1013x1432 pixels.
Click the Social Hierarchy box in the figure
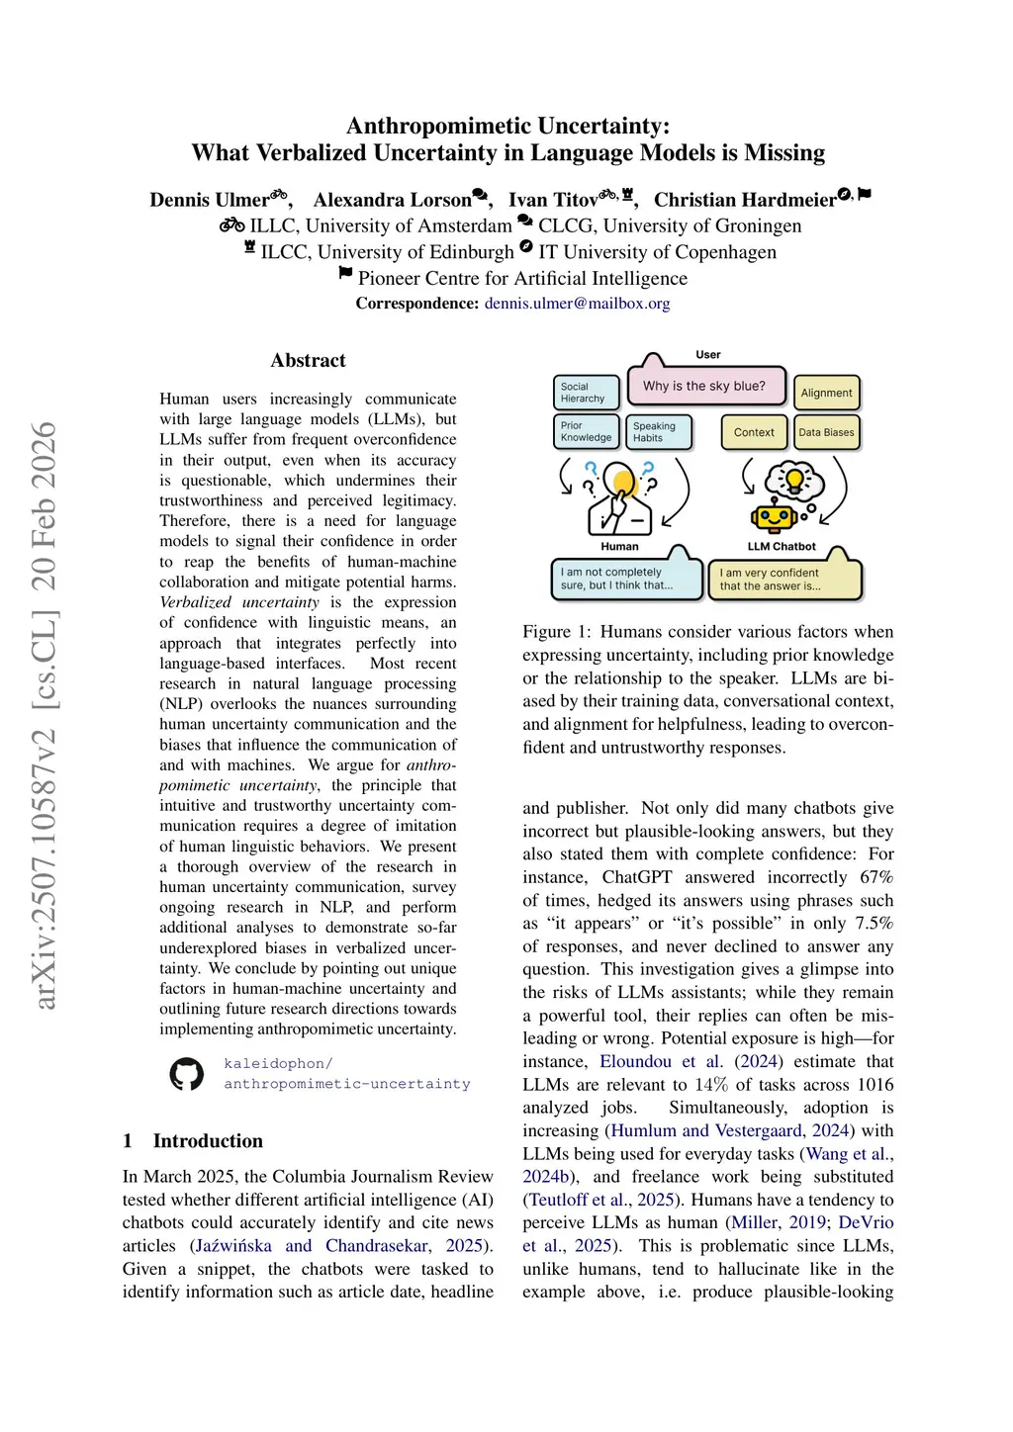click(x=586, y=393)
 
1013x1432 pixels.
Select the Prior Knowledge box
click(x=586, y=432)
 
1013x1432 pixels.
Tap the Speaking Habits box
click(x=658, y=432)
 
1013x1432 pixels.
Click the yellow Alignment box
click(x=826, y=393)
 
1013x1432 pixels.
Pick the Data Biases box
click(x=826, y=432)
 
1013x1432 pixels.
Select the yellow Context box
click(x=754, y=432)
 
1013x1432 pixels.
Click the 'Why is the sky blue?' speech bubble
click(x=703, y=386)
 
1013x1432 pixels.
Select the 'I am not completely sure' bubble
click(x=624, y=579)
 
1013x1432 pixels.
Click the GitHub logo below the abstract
click(x=186, y=1074)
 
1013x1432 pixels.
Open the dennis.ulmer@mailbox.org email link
click(x=577, y=304)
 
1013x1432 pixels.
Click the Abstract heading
click(x=308, y=361)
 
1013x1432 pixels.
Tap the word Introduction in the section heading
click(x=208, y=1141)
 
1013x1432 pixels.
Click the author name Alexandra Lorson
click(x=392, y=200)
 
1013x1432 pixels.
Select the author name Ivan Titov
click(x=552, y=200)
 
